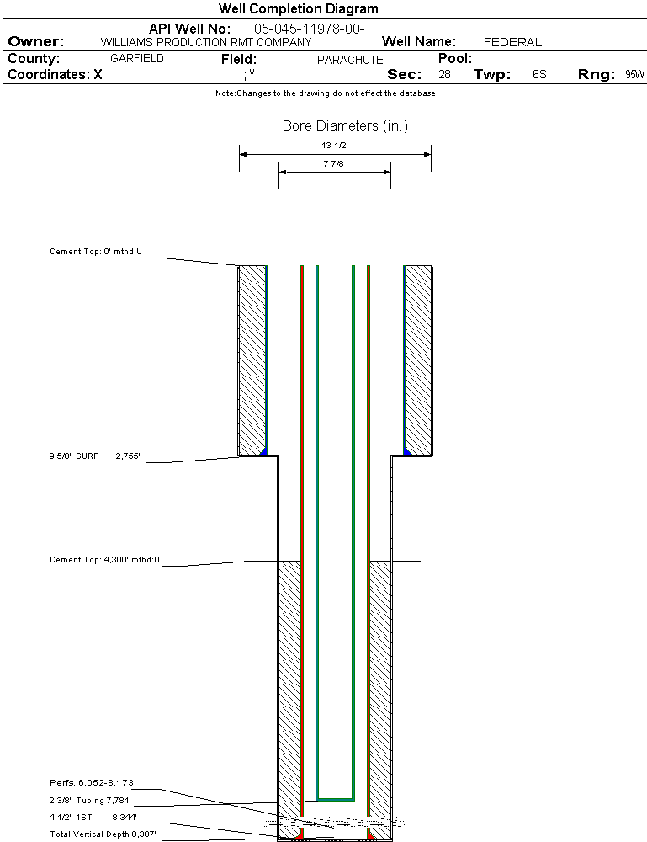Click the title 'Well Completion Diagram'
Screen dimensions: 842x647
tap(298, 9)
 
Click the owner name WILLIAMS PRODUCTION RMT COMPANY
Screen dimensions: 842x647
tap(205, 42)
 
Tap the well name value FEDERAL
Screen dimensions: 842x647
tap(512, 42)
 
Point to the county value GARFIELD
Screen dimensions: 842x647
tap(137, 59)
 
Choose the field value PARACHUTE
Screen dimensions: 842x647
tap(350, 60)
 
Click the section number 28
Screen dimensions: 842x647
tap(444, 75)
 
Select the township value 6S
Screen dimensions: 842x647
tap(539, 75)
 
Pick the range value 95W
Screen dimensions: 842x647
tap(634, 75)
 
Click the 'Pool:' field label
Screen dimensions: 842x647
tap(456, 59)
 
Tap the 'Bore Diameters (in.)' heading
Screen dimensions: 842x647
tap(345, 126)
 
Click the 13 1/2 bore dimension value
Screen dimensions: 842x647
tap(334, 145)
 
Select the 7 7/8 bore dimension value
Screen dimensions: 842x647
tap(334, 163)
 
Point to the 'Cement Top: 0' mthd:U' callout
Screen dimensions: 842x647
tap(96, 252)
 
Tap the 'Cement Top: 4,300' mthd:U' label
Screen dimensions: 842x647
tap(104, 559)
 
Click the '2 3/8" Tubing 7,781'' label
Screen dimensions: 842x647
tap(90, 800)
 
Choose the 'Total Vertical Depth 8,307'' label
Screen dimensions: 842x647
tap(103, 834)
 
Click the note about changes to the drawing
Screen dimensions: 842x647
tap(325, 93)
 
